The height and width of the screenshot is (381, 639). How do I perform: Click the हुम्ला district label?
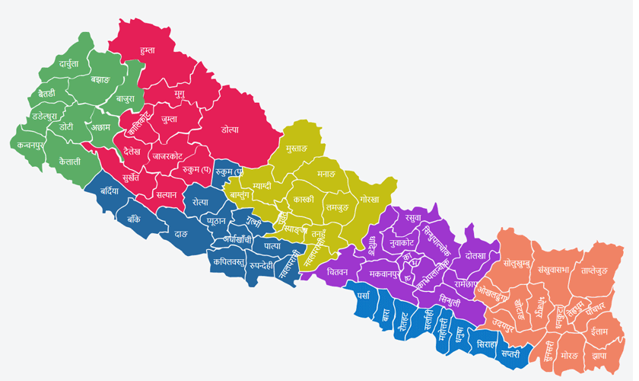pyautogui.click(x=142, y=50)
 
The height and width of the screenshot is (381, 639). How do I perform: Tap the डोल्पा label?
pyautogui.click(x=230, y=130)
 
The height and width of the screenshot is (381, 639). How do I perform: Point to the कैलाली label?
pyautogui.click(x=69, y=161)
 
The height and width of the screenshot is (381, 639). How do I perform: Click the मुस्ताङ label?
pyautogui.click(x=293, y=144)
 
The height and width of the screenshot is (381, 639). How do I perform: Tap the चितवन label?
pyautogui.click(x=336, y=271)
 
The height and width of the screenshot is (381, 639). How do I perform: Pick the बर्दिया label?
pyautogui.click(x=108, y=191)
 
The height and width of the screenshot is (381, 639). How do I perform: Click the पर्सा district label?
pyautogui.click(x=363, y=295)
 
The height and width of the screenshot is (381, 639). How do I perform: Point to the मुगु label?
pyautogui.click(x=179, y=94)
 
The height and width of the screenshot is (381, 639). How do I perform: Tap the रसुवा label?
pyautogui.click(x=414, y=219)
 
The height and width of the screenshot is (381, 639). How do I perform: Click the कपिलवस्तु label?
pyautogui.click(x=230, y=261)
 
